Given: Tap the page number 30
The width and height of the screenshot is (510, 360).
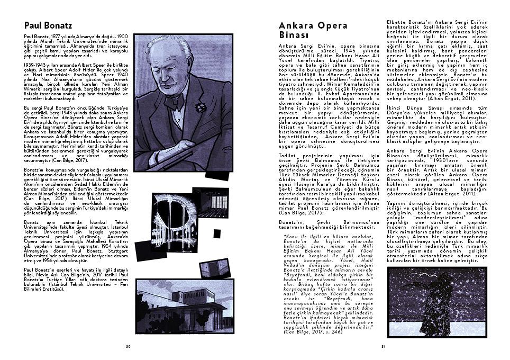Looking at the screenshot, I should [127, 346].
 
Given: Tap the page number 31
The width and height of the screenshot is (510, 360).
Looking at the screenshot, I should [382, 346].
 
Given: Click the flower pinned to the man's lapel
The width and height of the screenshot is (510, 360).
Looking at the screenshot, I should [201, 107].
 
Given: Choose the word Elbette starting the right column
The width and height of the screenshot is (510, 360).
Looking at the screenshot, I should [396, 21].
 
